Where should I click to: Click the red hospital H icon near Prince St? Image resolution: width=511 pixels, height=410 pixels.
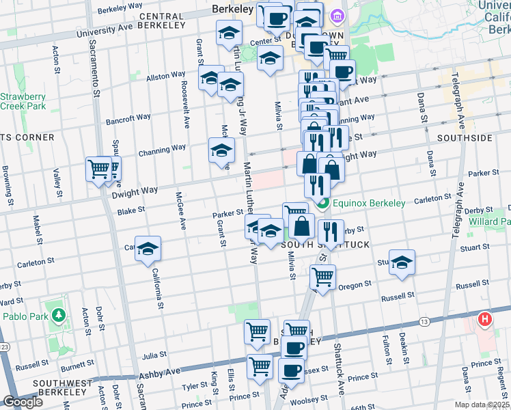click(x=485, y=319)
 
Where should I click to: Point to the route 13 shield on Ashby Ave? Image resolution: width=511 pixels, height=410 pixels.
click(x=424, y=322)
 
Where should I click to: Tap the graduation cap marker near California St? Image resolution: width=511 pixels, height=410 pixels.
click(x=147, y=250)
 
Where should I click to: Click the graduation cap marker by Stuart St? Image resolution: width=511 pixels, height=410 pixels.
click(x=402, y=263)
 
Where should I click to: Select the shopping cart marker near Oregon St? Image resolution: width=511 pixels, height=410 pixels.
click(x=322, y=277)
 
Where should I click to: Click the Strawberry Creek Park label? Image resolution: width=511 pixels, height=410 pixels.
click(x=23, y=101)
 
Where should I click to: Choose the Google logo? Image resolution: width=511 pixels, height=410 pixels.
click(x=23, y=402)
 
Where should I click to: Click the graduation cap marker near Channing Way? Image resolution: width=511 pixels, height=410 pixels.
click(x=221, y=151)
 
